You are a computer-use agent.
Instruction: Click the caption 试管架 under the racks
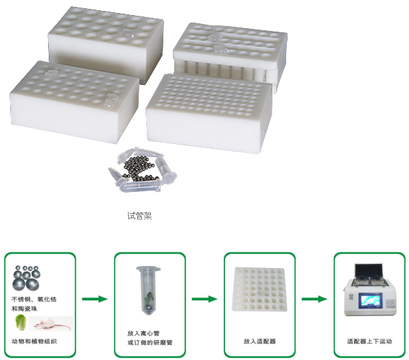click(x=139, y=215)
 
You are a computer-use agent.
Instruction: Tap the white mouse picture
click(x=51, y=324)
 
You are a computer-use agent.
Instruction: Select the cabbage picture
click(x=21, y=322)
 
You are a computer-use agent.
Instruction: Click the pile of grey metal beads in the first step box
click(x=27, y=278)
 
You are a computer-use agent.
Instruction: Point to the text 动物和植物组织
click(x=34, y=341)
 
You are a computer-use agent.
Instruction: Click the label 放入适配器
click(x=259, y=341)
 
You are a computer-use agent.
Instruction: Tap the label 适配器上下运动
click(x=369, y=341)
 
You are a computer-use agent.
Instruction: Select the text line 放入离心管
click(x=143, y=333)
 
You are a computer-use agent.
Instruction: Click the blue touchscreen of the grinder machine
click(x=370, y=300)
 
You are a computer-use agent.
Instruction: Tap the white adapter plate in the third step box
click(x=259, y=289)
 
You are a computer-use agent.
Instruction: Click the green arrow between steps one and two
click(x=95, y=299)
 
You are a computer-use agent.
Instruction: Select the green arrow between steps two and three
click(x=204, y=299)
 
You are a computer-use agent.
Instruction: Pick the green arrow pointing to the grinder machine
click(x=314, y=299)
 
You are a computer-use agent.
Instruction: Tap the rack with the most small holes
click(x=209, y=113)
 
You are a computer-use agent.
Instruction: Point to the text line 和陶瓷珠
click(x=24, y=309)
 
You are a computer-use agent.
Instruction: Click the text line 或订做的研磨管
click(x=150, y=343)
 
